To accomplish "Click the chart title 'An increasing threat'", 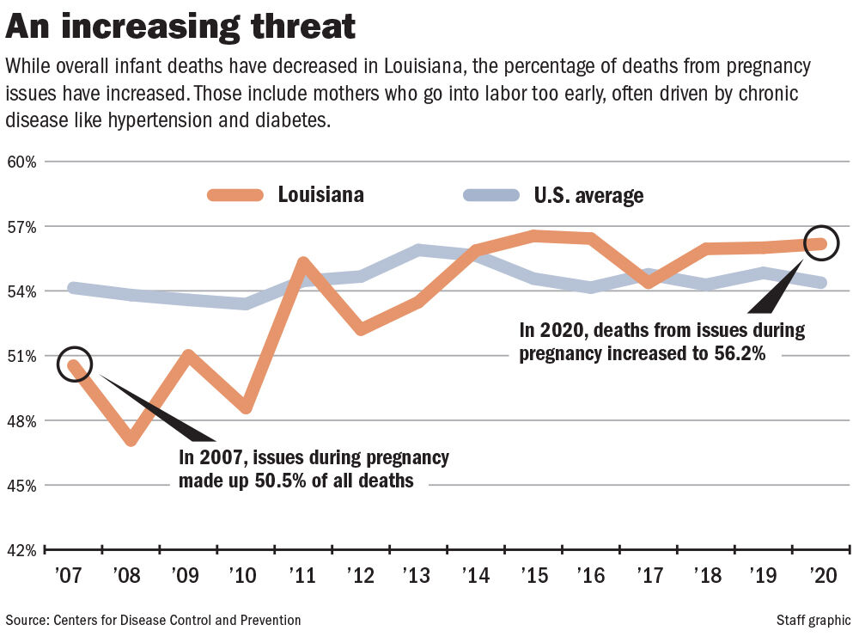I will [180, 27].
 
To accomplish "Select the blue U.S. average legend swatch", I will [490, 195].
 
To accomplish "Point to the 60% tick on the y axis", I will [22, 162].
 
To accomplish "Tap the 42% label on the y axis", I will [22, 550].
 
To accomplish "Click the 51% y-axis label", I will [22, 356].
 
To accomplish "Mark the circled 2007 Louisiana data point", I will [74, 364].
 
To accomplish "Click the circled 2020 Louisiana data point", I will [822, 244].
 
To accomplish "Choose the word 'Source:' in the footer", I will [26, 620].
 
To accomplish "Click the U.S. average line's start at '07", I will [74, 288].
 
